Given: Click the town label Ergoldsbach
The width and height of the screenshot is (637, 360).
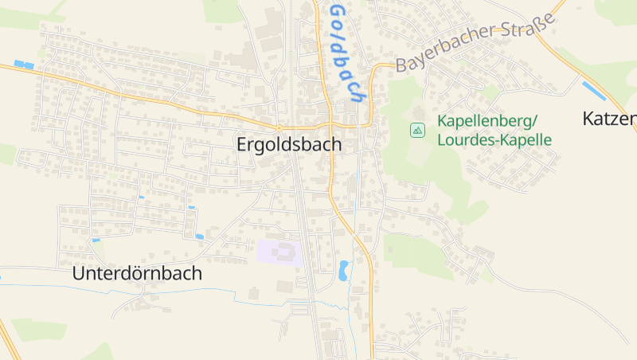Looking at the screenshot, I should click(x=289, y=145).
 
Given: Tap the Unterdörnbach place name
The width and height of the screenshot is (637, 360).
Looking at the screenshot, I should click(x=137, y=273).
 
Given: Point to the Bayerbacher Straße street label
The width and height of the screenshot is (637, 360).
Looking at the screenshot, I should click(x=475, y=47).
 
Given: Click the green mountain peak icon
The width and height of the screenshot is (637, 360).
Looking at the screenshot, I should click(x=417, y=129).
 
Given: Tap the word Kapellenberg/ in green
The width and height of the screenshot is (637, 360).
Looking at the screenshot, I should click(x=487, y=122).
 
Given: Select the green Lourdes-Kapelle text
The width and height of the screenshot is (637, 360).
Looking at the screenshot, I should click(x=494, y=139).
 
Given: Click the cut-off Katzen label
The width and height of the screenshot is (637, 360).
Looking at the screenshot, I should click(x=609, y=119).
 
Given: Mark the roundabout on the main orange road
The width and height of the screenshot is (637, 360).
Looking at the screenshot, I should click(x=279, y=127).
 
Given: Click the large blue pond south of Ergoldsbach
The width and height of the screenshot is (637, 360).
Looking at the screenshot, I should click(x=344, y=270).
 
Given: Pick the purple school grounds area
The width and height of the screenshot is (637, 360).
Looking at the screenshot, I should click(x=279, y=252).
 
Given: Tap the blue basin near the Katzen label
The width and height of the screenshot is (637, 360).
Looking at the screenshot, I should click(x=593, y=90).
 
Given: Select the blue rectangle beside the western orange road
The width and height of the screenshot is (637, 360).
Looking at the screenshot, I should click(x=24, y=65).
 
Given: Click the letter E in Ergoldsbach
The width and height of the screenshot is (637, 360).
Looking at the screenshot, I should click(x=242, y=145).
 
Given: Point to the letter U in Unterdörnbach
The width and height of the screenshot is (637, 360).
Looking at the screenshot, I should click(x=78, y=273).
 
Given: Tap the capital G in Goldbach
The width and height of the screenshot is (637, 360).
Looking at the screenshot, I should click(x=338, y=12).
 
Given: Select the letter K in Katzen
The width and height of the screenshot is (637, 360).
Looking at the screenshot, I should click(x=589, y=119).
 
